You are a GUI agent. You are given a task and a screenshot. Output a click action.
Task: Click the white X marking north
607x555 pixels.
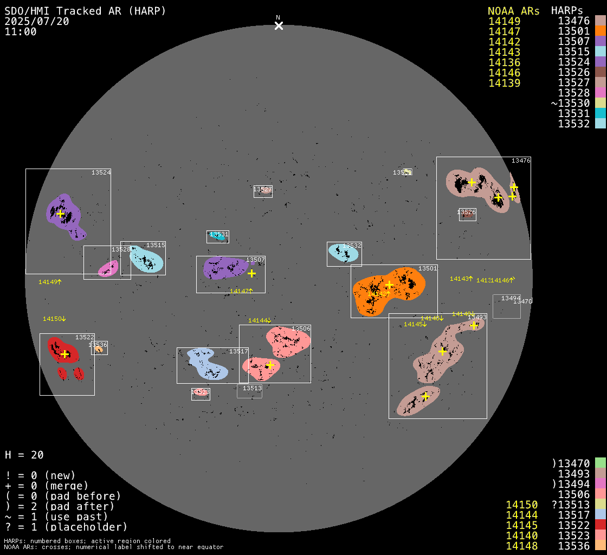[x=279, y=25]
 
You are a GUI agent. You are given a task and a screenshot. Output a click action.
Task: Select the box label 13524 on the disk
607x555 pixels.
[x=101, y=172]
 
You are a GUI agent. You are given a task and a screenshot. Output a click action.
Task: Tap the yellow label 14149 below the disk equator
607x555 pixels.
[x=49, y=282]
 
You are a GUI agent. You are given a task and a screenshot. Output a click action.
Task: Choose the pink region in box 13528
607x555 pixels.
[x=108, y=268]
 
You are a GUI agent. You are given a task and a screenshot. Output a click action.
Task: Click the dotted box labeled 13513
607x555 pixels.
[x=249, y=391]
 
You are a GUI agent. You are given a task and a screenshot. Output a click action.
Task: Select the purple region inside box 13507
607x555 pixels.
[x=222, y=267]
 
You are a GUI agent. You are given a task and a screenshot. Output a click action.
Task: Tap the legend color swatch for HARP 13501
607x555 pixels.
[x=600, y=31]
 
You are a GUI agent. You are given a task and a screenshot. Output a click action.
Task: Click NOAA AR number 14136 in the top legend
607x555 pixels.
[x=504, y=62]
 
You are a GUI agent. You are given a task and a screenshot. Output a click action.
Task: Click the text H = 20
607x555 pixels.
[x=24, y=455]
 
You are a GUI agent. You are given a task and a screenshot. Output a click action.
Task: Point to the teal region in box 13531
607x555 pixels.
[x=217, y=236]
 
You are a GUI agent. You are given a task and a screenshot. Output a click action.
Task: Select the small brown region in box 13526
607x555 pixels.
[x=467, y=215]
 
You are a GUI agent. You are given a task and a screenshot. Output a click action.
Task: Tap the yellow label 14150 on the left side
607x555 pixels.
[x=54, y=319]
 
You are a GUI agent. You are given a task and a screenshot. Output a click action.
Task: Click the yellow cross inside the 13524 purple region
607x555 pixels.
[x=60, y=214]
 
